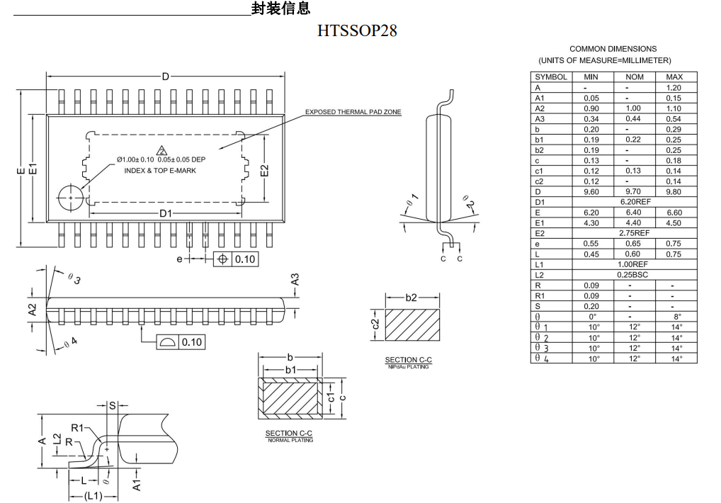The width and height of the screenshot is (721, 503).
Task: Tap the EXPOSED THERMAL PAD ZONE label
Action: coord(353,112)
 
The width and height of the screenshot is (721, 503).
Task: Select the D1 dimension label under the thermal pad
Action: coord(165,213)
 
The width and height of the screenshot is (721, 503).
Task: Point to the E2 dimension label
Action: coord(264,170)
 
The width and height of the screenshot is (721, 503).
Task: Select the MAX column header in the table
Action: coord(674,77)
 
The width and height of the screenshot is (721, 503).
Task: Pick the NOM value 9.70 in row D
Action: coord(634,191)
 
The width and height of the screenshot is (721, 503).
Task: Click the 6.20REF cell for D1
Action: coord(634,202)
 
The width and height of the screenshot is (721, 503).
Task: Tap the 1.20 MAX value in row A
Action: coord(674,87)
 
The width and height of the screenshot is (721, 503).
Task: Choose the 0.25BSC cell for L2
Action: coord(634,274)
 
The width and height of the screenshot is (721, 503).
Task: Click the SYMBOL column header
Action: coord(551,77)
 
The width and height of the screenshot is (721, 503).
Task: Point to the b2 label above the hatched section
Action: coord(411,298)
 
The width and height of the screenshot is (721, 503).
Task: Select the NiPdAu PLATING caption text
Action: coord(408,367)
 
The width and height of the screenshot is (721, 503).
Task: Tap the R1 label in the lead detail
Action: coord(77,428)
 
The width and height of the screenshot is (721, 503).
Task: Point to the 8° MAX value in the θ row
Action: coord(674,317)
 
